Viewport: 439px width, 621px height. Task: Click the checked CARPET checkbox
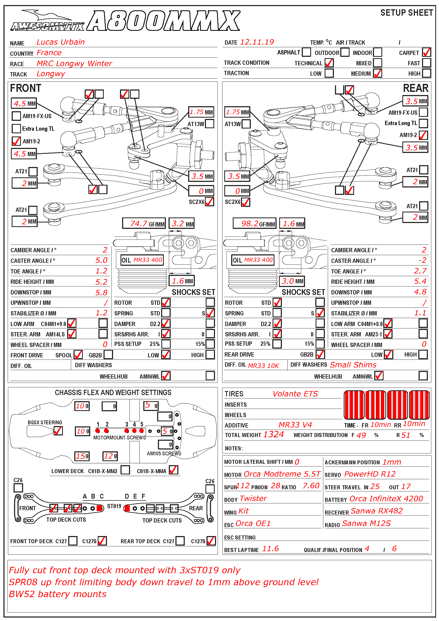coord(426,52)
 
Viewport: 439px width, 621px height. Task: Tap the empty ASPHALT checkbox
coord(306,52)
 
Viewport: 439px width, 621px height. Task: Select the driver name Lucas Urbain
coord(61,42)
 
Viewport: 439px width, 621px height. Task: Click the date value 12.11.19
coord(257,42)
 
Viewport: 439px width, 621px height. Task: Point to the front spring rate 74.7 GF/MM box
coord(144,223)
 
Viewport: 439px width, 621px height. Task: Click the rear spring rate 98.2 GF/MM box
coord(254,223)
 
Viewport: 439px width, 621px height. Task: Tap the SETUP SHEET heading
coord(406,13)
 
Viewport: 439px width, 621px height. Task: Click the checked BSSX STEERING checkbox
coord(58,431)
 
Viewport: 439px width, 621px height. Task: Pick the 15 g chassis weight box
coord(82,456)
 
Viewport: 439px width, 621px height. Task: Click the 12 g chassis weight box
coord(110,456)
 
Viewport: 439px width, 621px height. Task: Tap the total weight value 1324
coord(273,434)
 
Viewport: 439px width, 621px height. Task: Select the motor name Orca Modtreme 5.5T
coord(282,474)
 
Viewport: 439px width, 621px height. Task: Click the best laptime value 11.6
coord(270,549)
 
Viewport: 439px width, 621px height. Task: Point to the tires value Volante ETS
coord(295,394)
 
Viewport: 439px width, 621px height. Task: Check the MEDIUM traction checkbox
coord(377,73)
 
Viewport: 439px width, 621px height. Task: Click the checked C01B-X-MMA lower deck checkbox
coord(174,470)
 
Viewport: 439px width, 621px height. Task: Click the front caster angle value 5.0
coord(101,260)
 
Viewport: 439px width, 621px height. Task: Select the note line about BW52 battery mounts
coord(58,594)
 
